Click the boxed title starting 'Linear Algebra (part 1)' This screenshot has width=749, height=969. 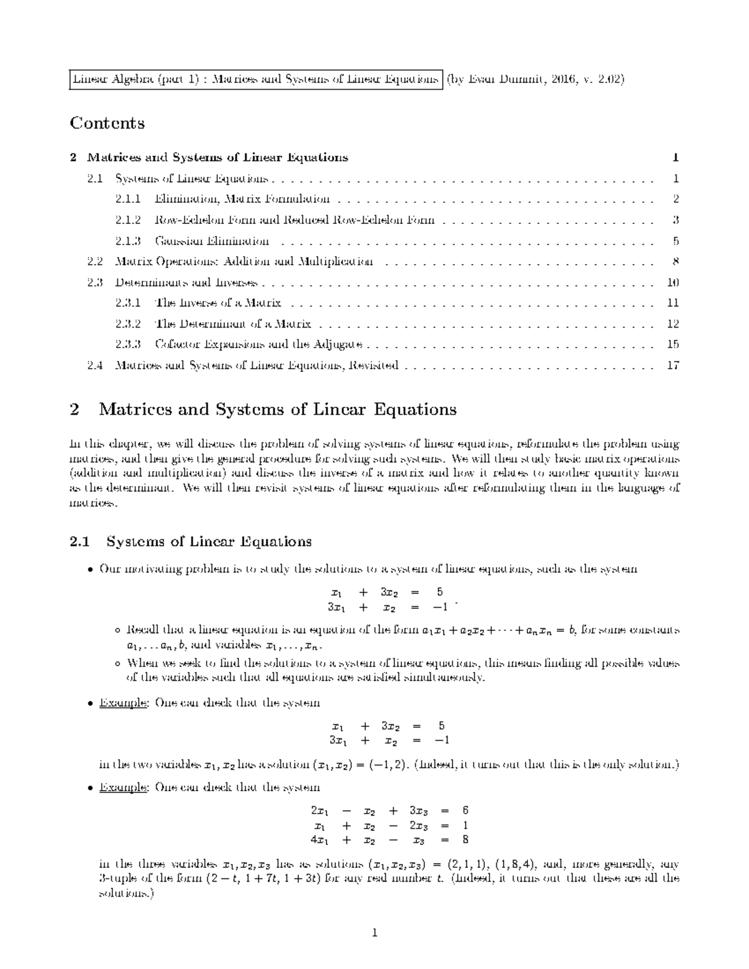point(255,80)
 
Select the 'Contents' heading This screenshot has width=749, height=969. point(107,123)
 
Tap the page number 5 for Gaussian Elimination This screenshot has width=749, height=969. point(675,241)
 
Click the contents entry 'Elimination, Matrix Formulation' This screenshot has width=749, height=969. point(242,200)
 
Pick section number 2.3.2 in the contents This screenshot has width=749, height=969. point(128,324)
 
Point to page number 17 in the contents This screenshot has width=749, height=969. point(672,366)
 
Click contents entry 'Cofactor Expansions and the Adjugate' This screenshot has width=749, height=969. point(258,344)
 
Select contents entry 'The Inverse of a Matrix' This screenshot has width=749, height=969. point(218,303)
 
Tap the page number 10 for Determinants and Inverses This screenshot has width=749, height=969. point(672,283)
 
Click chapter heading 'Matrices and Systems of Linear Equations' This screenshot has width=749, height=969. point(278,410)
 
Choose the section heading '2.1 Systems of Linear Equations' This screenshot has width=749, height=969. point(191,541)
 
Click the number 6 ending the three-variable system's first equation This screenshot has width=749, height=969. point(465,811)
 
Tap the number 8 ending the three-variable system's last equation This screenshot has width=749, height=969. point(465,839)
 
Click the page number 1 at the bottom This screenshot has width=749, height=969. point(374,933)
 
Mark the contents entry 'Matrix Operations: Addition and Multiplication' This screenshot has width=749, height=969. point(245,261)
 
